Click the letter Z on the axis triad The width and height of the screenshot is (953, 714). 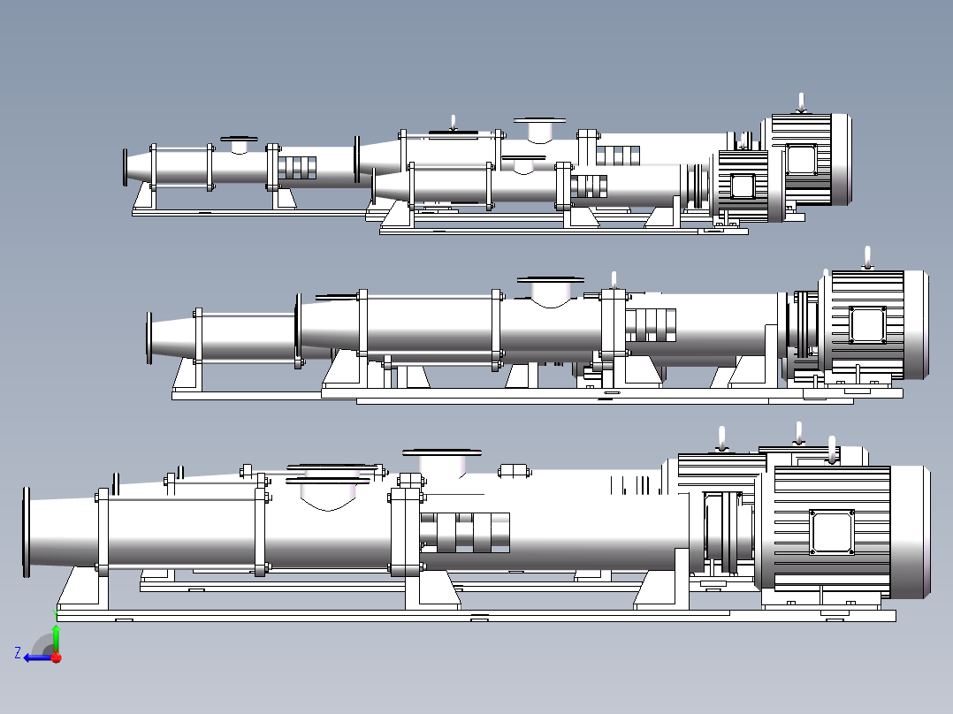[x=18, y=652]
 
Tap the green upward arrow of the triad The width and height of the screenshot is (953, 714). [x=56, y=637]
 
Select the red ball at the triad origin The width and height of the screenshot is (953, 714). [x=57, y=657]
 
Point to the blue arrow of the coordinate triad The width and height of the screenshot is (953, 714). [x=38, y=657]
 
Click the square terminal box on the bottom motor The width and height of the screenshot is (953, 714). [x=831, y=532]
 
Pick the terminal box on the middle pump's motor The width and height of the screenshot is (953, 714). [x=868, y=326]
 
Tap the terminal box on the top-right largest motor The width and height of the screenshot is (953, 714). [x=801, y=160]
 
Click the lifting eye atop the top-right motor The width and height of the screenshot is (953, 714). [x=801, y=103]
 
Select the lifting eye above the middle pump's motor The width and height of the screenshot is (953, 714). [x=867, y=258]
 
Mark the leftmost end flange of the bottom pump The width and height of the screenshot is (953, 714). [x=27, y=532]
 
